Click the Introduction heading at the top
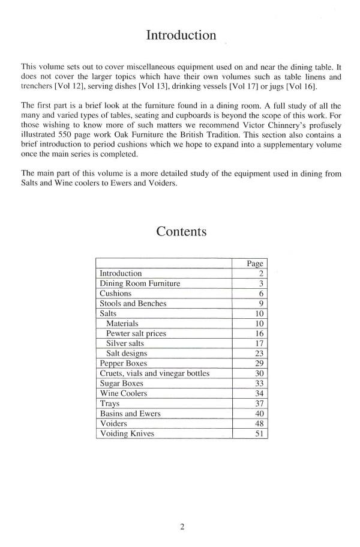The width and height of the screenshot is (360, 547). click(x=181, y=35)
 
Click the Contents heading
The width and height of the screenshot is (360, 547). click(x=181, y=231)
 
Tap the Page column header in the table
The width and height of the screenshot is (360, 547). click(x=255, y=264)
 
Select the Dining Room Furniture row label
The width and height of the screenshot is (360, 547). click(x=139, y=283)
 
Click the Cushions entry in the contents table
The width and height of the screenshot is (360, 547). click(x=115, y=294)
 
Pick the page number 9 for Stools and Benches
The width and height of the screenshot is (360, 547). click(x=262, y=304)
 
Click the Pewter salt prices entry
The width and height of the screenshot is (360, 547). click(x=136, y=333)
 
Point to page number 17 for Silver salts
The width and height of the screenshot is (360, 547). click(x=260, y=343)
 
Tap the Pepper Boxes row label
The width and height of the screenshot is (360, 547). click(x=123, y=363)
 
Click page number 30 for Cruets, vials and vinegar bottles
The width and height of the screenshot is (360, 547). click(x=260, y=373)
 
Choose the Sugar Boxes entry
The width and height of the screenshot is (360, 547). click(x=122, y=384)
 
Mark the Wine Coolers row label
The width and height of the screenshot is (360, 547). click(x=123, y=393)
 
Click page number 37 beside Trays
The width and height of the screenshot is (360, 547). click(x=260, y=403)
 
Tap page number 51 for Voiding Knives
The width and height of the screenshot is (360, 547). click(x=260, y=434)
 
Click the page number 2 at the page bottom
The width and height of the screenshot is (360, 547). click(x=181, y=527)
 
